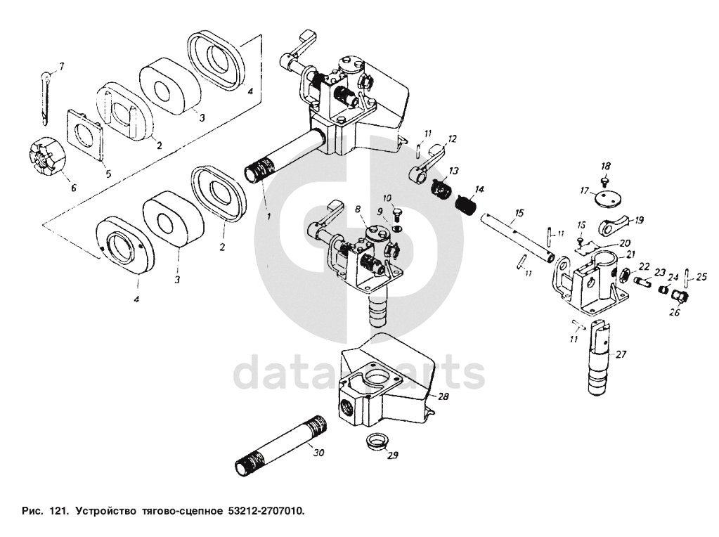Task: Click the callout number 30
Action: click(318, 453)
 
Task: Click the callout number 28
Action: click(443, 397)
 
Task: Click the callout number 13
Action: click(453, 172)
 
